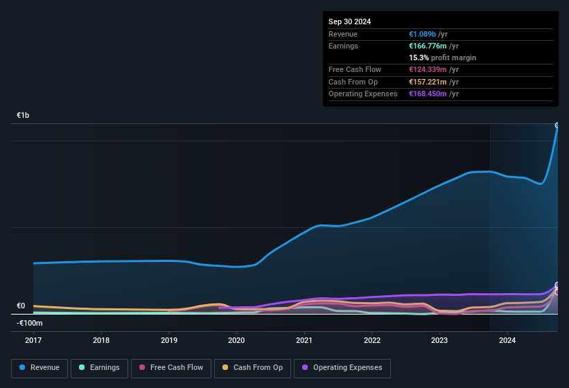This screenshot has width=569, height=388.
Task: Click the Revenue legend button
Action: click(40, 368)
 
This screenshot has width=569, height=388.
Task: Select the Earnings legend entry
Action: click(99, 368)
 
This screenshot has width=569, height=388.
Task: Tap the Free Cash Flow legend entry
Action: click(171, 368)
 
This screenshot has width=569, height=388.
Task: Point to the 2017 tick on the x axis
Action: click(34, 340)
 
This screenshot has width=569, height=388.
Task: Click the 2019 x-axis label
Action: click(169, 340)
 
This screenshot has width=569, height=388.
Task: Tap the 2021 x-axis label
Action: click(304, 340)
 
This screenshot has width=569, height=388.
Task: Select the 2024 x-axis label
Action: click(507, 340)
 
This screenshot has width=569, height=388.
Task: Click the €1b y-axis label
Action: click(23, 115)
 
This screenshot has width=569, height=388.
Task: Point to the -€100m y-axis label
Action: click(30, 323)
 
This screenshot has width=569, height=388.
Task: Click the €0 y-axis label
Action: click(21, 306)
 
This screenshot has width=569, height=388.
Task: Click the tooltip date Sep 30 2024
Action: click(350, 21)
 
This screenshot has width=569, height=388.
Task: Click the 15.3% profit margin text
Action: click(442, 58)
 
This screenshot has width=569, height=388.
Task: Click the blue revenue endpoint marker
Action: click(557, 125)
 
